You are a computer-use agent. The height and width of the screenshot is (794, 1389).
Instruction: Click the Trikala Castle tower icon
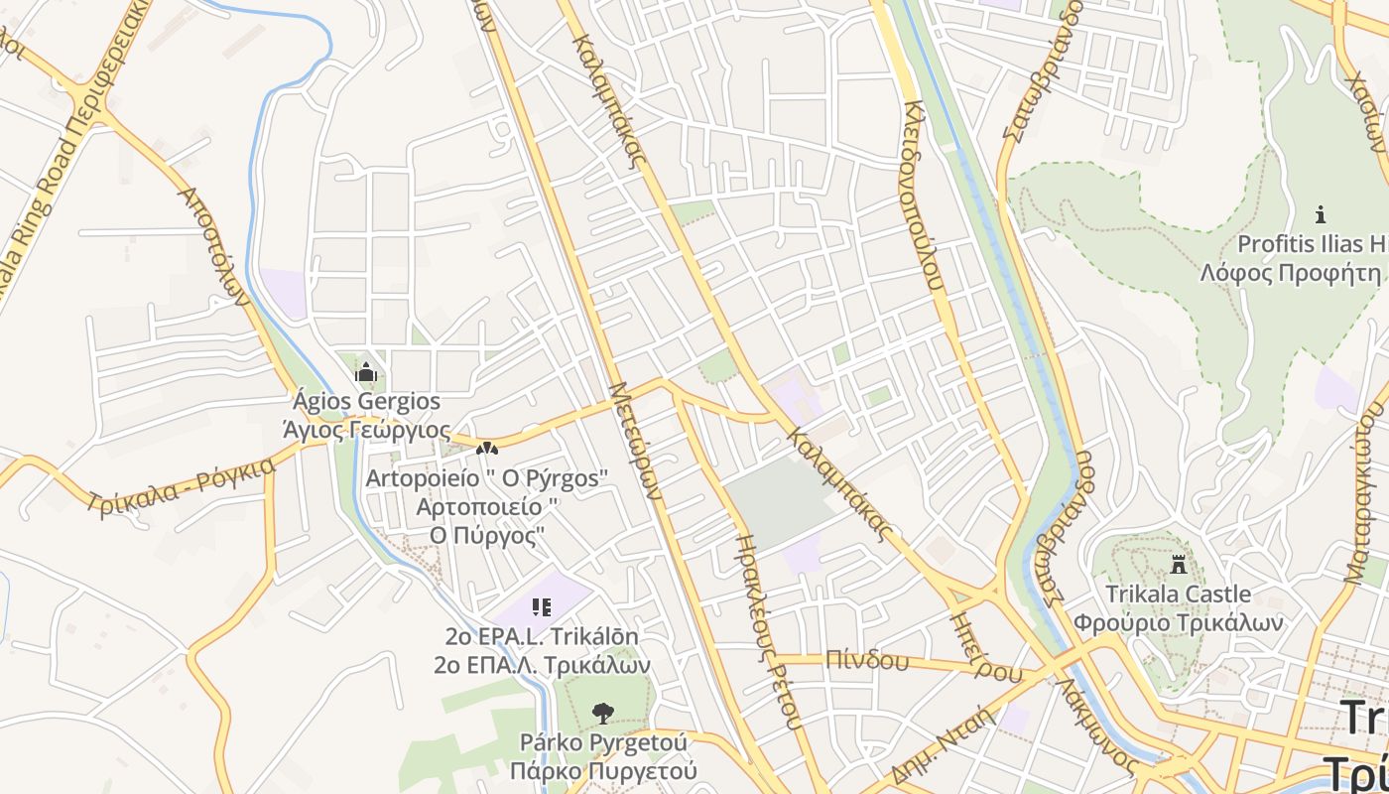click(x=1179, y=565)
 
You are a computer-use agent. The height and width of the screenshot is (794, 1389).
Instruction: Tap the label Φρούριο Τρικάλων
click(x=1179, y=623)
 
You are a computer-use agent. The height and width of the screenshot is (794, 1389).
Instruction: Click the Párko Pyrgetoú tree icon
click(x=602, y=713)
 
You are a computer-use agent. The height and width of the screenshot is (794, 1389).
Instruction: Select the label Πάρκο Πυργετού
click(x=602, y=771)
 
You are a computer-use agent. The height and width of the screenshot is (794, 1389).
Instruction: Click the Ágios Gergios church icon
click(x=366, y=373)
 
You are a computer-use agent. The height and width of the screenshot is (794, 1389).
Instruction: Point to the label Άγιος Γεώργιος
click(x=366, y=431)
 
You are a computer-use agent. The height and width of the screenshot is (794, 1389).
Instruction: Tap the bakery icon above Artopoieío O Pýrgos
click(x=486, y=449)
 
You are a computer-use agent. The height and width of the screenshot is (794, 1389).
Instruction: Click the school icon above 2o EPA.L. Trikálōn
click(x=541, y=606)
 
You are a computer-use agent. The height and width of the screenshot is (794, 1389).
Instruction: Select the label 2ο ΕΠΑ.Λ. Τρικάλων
click(x=541, y=664)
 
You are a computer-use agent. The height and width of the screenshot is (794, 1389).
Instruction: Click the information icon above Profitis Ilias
click(x=1320, y=213)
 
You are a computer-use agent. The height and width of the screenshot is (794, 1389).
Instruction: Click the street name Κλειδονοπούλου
click(x=923, y=194)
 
